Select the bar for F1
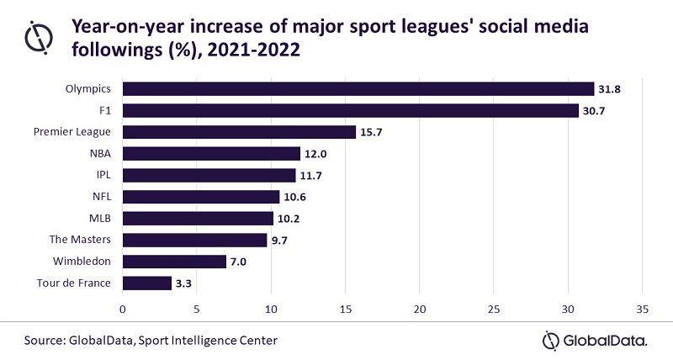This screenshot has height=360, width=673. pos(351,110)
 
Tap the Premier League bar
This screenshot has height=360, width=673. pos(239,132)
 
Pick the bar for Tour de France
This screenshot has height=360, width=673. pos(147,283)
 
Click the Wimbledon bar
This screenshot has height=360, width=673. pos(175,262)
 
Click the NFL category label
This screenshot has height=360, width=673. pos(101,197)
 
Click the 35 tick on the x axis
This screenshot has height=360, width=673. pos(643,309)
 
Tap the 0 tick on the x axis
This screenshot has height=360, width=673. pos(123,309)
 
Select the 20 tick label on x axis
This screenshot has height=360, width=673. pos(420,309)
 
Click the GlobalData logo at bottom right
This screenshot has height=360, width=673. pos(596,340)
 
